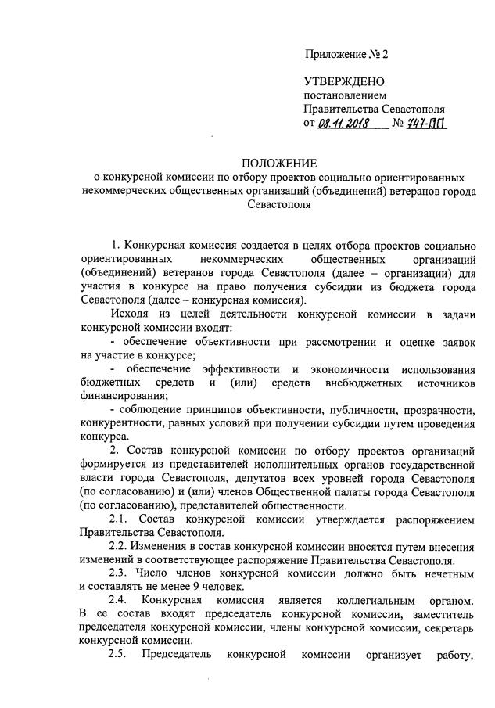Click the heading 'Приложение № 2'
pyautogui.click(x=345, y=55)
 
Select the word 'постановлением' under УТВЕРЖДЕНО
pyautogui.click(x=341, y=95)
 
